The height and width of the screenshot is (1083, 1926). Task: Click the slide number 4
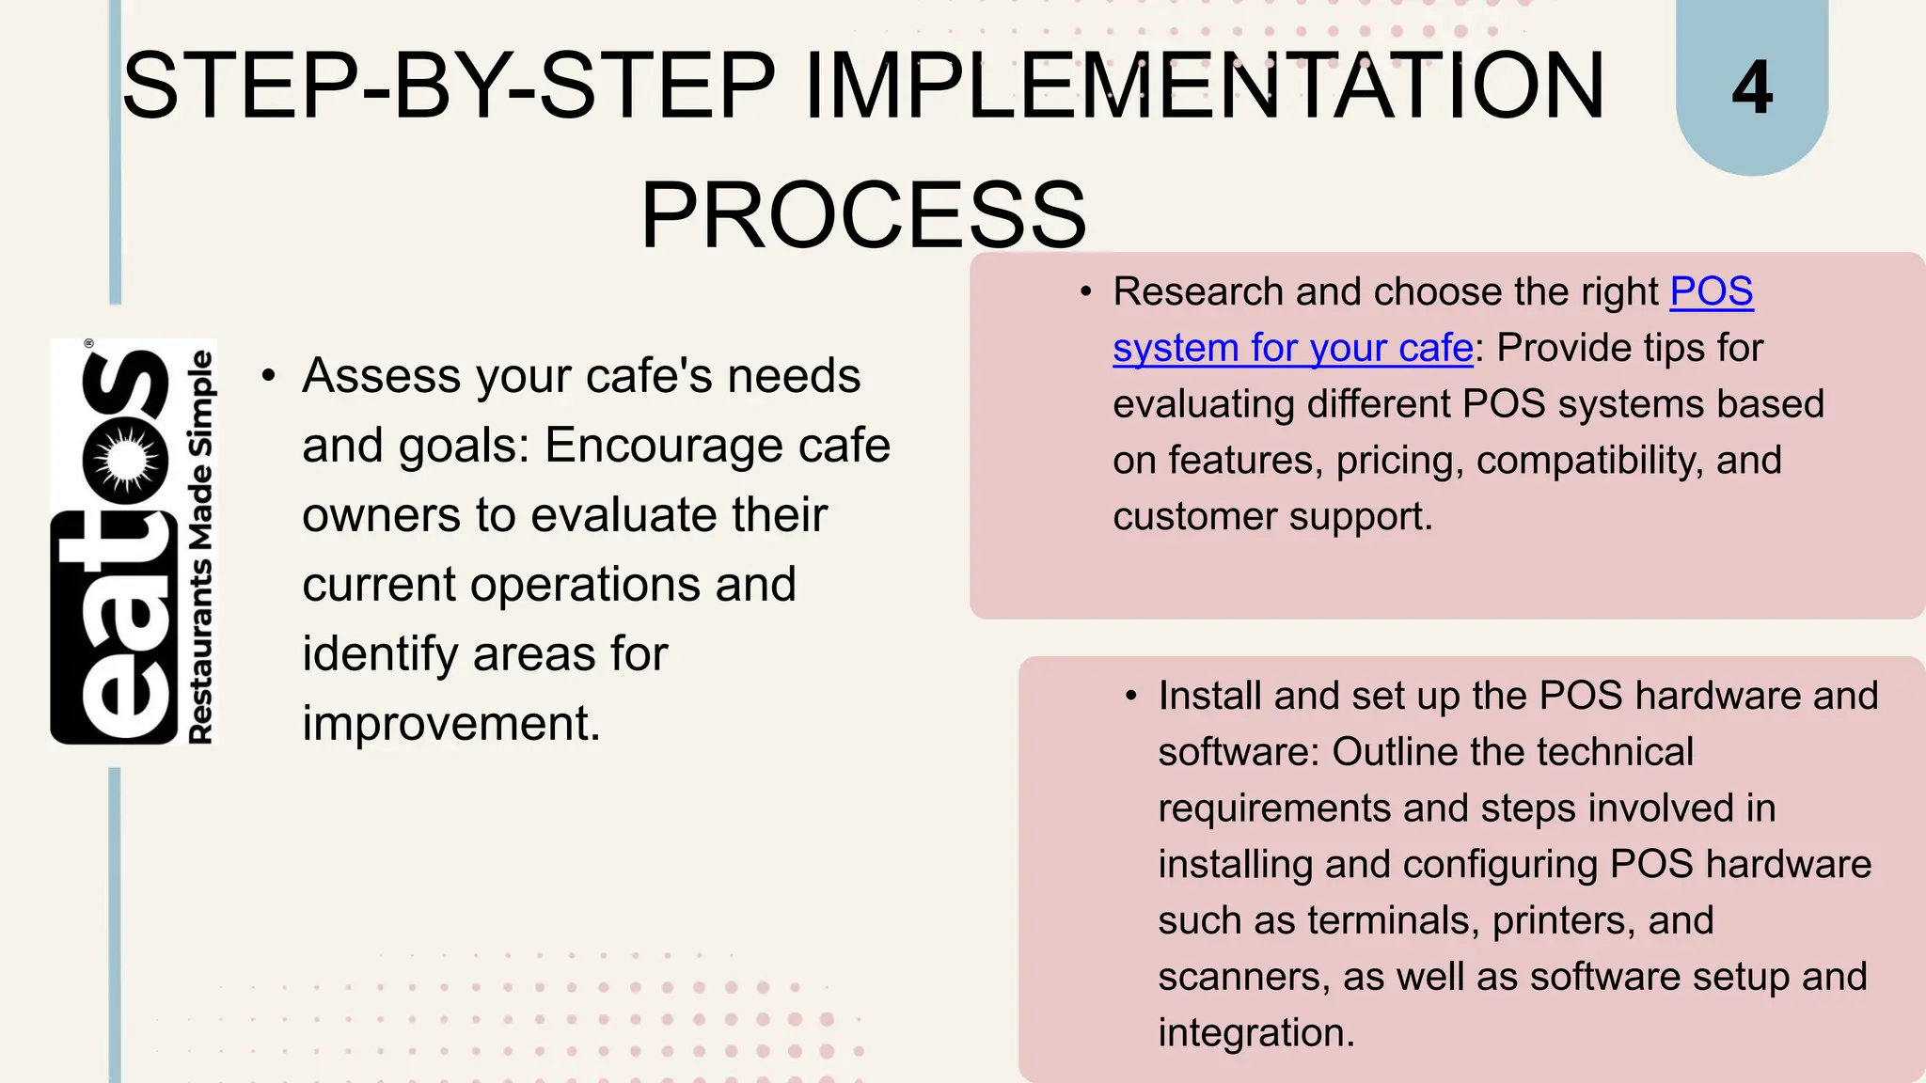[x=1752, y=87]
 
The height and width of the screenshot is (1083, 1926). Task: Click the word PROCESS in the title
[x=863, y=215]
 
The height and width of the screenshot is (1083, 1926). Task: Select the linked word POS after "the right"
[x=1712, y=291]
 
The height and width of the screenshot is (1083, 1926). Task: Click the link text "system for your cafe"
[x=1293, y=348]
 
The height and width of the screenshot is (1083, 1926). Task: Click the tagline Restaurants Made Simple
[x=201, y=546]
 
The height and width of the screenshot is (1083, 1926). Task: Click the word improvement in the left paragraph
[x=450, y=724]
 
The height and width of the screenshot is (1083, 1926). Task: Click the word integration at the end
[x=1255, y=1033]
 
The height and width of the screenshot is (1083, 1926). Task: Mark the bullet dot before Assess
[x=269, y=377]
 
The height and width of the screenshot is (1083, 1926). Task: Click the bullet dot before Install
[x=1131, y=697]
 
